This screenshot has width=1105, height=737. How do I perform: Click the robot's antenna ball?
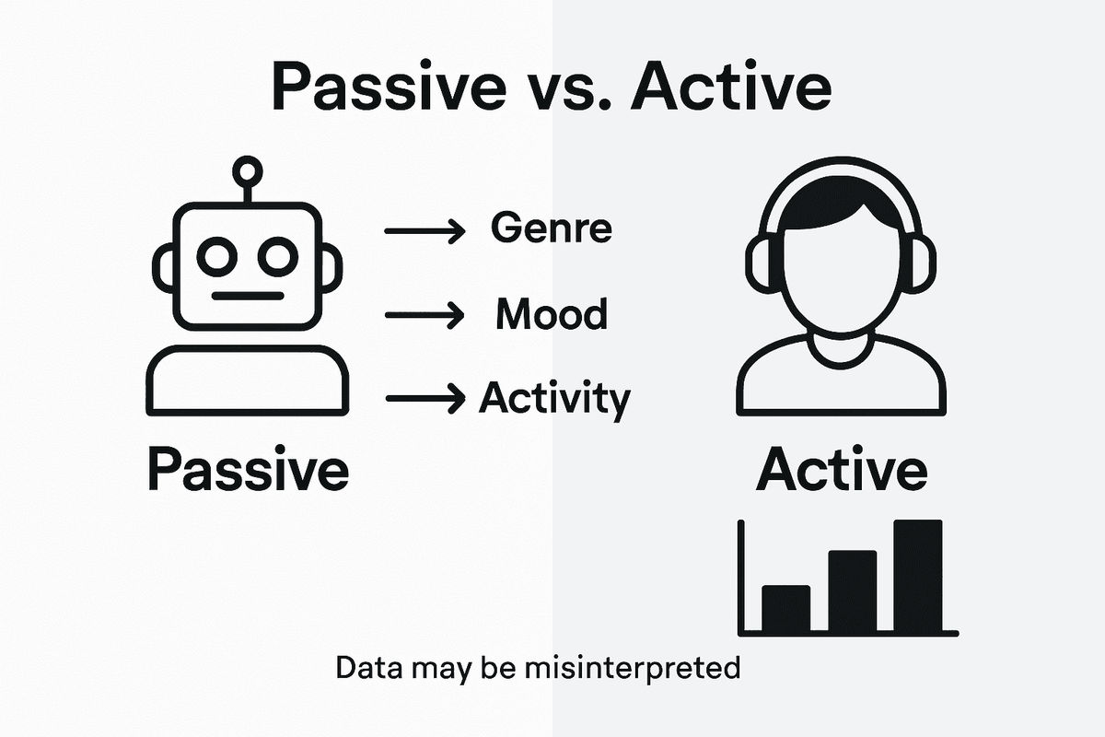[248, 170]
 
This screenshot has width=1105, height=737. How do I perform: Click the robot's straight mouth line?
[247, 297]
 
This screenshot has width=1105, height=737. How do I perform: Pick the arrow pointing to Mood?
[424, 315]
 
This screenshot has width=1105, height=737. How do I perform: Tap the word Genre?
[551, 227]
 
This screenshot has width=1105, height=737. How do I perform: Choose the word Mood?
[552, 315]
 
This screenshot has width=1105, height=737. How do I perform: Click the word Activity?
[555, 400]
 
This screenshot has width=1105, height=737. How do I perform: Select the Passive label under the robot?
[248, 471]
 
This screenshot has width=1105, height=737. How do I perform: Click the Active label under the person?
[841, 471]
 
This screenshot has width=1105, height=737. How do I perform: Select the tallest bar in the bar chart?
[917, 576]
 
